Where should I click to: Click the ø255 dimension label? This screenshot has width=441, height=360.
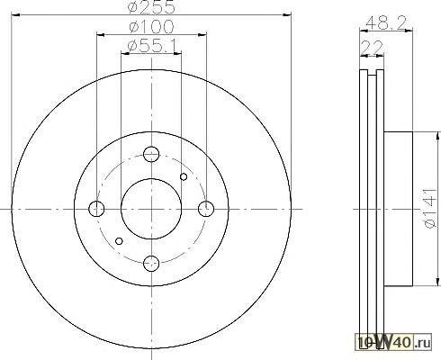point(151,7)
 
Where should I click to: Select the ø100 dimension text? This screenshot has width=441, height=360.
point(151,27)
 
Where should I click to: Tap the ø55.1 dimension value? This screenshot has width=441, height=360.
point(152,46)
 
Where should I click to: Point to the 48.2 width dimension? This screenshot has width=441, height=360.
point(386,22)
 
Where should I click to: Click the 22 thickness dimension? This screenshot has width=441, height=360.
point(372,48)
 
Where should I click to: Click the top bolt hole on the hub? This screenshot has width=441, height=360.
point(151,154)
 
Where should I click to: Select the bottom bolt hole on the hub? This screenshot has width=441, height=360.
point(151,264)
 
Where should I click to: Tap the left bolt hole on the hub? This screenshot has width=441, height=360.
point(96,209)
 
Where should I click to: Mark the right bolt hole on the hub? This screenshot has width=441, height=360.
point(206,209)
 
